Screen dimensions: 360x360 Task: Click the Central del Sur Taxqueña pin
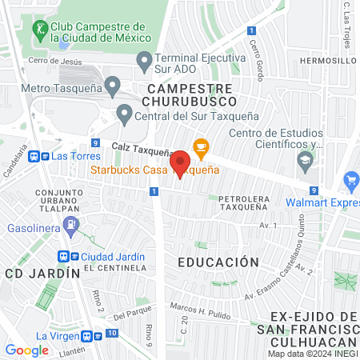point(124,113)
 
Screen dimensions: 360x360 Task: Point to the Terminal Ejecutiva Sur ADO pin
point(144,59)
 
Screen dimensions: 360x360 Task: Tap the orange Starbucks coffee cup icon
point(200,146)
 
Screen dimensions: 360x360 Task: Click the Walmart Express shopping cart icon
point(350,181)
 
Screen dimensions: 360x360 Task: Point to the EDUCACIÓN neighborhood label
point(218,262)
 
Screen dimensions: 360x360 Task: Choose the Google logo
point(26,350)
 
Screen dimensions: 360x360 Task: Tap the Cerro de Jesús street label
point(55,61)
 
